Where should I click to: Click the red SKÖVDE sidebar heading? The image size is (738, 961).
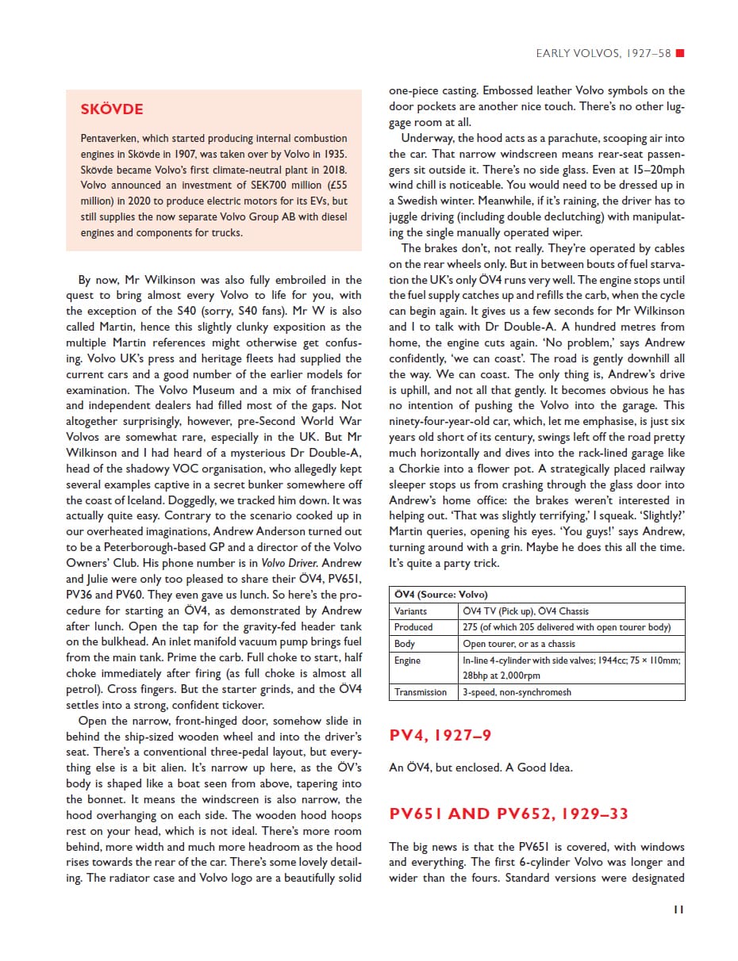coord(112,109)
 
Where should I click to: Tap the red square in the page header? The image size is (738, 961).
coord(679,54)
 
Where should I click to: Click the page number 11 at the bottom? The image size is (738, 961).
coord(678,909)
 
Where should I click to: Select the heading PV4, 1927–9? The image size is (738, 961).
coord(440,736)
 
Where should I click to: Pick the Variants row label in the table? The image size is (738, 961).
coord(410,611)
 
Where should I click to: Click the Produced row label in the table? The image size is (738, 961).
coord(413,627)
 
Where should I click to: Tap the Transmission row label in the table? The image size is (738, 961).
coord(421,692)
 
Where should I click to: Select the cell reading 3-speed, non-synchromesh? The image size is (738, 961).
coord(517,692)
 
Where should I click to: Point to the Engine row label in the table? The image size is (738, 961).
coord(407,660)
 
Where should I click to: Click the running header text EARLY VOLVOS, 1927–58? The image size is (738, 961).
coord(603,54)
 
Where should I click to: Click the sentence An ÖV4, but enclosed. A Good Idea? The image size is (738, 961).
coord(481,768)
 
